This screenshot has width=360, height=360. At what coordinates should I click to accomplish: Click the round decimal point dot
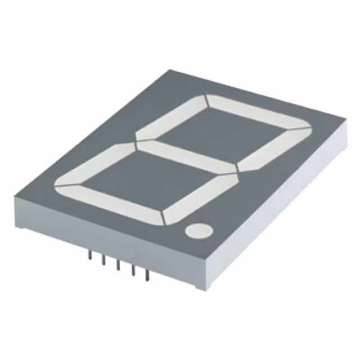(200, 231)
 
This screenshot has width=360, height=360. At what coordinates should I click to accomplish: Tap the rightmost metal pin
(147, 276)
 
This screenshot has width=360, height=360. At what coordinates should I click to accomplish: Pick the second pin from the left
(103, 260)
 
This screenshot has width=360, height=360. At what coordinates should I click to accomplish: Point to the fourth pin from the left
(133, 270)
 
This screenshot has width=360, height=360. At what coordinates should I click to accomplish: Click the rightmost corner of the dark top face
(345, 125)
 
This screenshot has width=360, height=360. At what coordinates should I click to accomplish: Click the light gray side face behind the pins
(112, 247)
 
